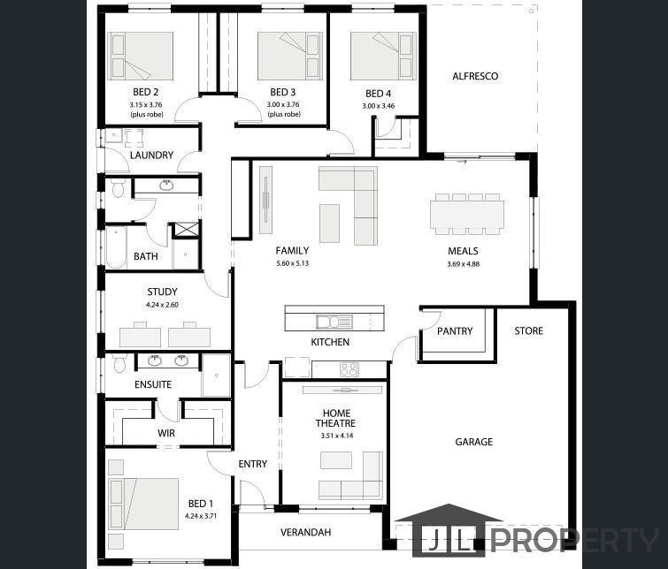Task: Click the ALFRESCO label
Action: click(x=475, y=76)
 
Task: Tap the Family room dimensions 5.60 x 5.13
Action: click(x=292, y=263)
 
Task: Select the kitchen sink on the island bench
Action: click(x=334, y=322)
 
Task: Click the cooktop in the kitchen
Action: click(x=349, y=369)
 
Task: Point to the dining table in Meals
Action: click(x=467, y=214)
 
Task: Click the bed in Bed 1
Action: click(x=143, y=504)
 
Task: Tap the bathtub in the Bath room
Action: click(x=116, y=247)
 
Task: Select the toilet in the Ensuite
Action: click(x=119, y=362)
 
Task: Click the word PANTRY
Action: click(x=455, y=331)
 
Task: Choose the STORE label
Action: click(x=529, y=330)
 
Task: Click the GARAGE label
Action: click(x=473, y=442)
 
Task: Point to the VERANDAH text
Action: click(x=306, y=532)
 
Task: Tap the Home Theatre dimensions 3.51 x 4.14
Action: click(x=336, y=436)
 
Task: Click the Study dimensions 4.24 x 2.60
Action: click(x=162, y=305)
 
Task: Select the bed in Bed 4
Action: click(x=383, y=57)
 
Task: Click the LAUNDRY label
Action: click(x=151, y=155)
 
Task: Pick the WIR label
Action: click(x=166, y=433)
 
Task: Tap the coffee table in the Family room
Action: click(x=330, y=224)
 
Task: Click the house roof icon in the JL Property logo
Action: click(x=449, y=512)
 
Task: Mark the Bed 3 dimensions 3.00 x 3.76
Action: click(x=283, y=104)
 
